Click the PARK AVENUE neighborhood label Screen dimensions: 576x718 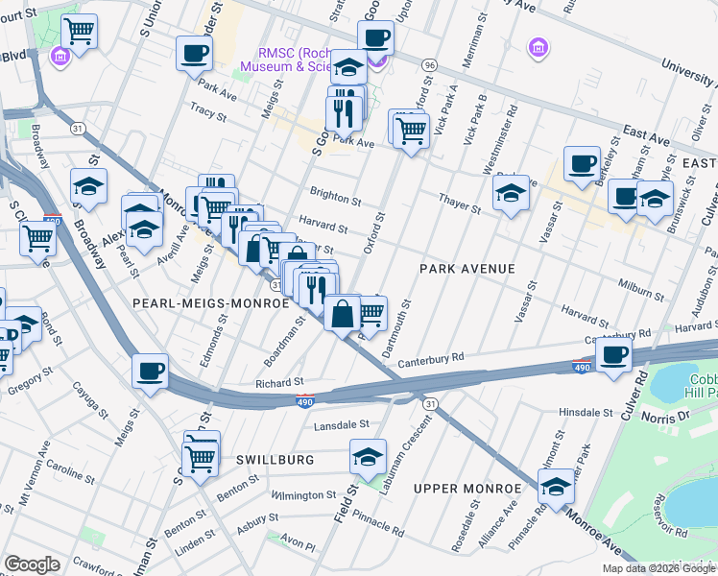[x=467, y=270]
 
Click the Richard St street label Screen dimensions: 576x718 [x=279, y=382]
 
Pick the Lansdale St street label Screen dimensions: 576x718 [x=341, y=423]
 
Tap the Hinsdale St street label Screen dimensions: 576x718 [x=586, y=412]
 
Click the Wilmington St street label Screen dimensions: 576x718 [x=302, y=495]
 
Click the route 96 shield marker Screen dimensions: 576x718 [x=429, y=64]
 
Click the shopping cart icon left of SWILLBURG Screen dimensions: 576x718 [x=201, y=458]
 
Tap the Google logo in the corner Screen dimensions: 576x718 [x=33, y=564]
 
